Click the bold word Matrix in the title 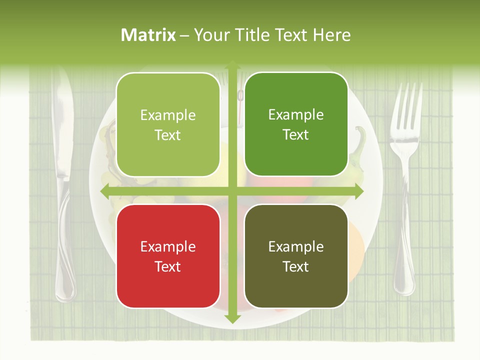click(x=148, y=35)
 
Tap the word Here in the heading click(x=332, y=35)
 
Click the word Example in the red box click(x=168, y=247)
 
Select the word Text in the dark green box click(x=296, y=135)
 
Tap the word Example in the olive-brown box click(x=296, y=247)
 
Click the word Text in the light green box click(x=168, y=135)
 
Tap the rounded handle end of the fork click(x=404, y=280)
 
